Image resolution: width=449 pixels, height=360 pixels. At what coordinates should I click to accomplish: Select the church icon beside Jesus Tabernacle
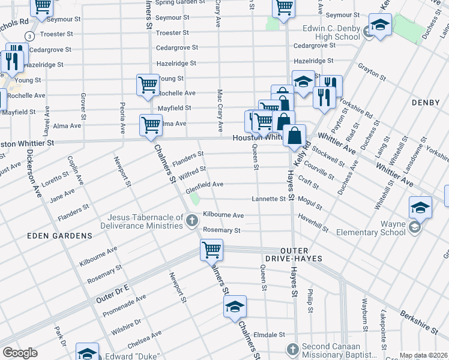pyautogui.click(x=192, y=221)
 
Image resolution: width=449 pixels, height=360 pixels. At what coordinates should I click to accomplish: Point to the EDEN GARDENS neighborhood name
pyautogui.click(x=60, y=236)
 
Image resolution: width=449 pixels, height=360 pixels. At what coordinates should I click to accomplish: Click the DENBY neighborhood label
pyautogui.click(x=426, y=103)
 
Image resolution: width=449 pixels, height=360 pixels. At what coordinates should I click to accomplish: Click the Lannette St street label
pyautogui.click(x=268, y=199)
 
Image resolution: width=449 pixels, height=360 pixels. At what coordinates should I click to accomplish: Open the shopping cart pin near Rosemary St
pyautogui.click(x=211, y=249)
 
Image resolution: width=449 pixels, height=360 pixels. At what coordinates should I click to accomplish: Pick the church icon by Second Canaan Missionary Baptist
pyautogui.click(x=292, y=349)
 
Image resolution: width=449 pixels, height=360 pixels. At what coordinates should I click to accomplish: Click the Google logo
pyautogui.click(x=20, y=353)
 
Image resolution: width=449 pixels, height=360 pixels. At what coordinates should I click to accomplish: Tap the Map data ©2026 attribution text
pyautogui.click(x=423, y=355)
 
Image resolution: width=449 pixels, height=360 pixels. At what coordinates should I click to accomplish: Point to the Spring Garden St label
pyautogui.click(x=176, y=2)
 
